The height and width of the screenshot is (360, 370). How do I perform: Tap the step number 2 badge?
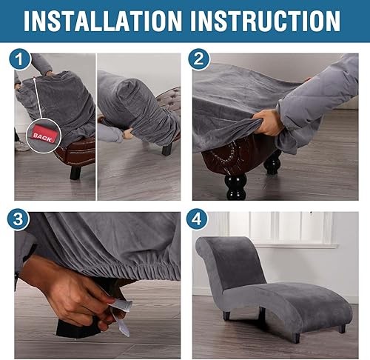coord(198,59)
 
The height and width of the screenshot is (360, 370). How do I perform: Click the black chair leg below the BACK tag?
coord(75,173)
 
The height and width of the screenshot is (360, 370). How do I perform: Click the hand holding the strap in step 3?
coord(74,296)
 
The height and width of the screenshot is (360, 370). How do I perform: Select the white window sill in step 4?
coord(296,244)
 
